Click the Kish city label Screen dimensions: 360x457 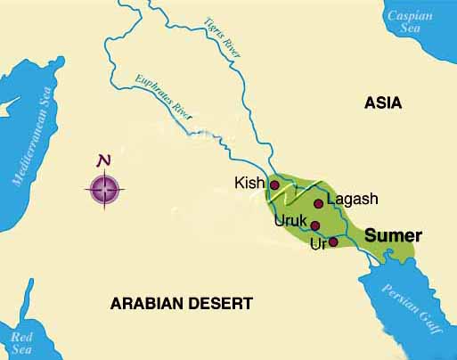pos(249,184)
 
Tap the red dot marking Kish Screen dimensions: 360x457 pos(274,185)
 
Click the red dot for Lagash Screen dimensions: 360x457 pos(318,204)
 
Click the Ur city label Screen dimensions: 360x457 pos(317,242)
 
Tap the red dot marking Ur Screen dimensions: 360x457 pos(333,241)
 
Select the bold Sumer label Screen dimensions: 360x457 pos(393,236)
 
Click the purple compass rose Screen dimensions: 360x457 pos(105,189)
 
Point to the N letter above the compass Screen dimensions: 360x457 pos(105,161)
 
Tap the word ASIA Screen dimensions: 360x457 pos(383,103)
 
